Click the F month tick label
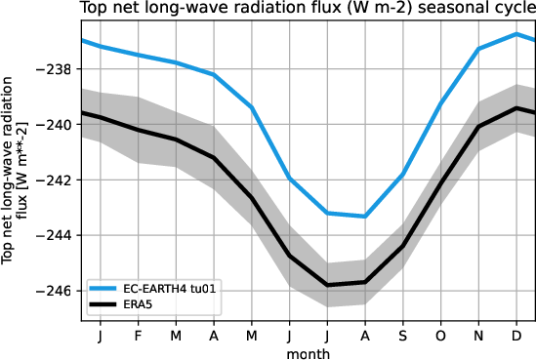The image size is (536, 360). point(138,335)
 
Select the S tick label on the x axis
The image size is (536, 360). point(402,335)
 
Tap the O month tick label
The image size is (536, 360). point(440,335)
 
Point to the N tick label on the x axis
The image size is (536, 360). point(478,335)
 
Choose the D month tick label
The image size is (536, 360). point(515,335)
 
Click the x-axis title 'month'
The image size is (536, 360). point(308,351)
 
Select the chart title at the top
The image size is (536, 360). point(308,11)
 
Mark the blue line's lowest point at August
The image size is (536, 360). point(364,216)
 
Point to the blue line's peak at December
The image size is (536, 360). point(515,34)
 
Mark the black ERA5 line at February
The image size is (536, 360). point(138,130)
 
